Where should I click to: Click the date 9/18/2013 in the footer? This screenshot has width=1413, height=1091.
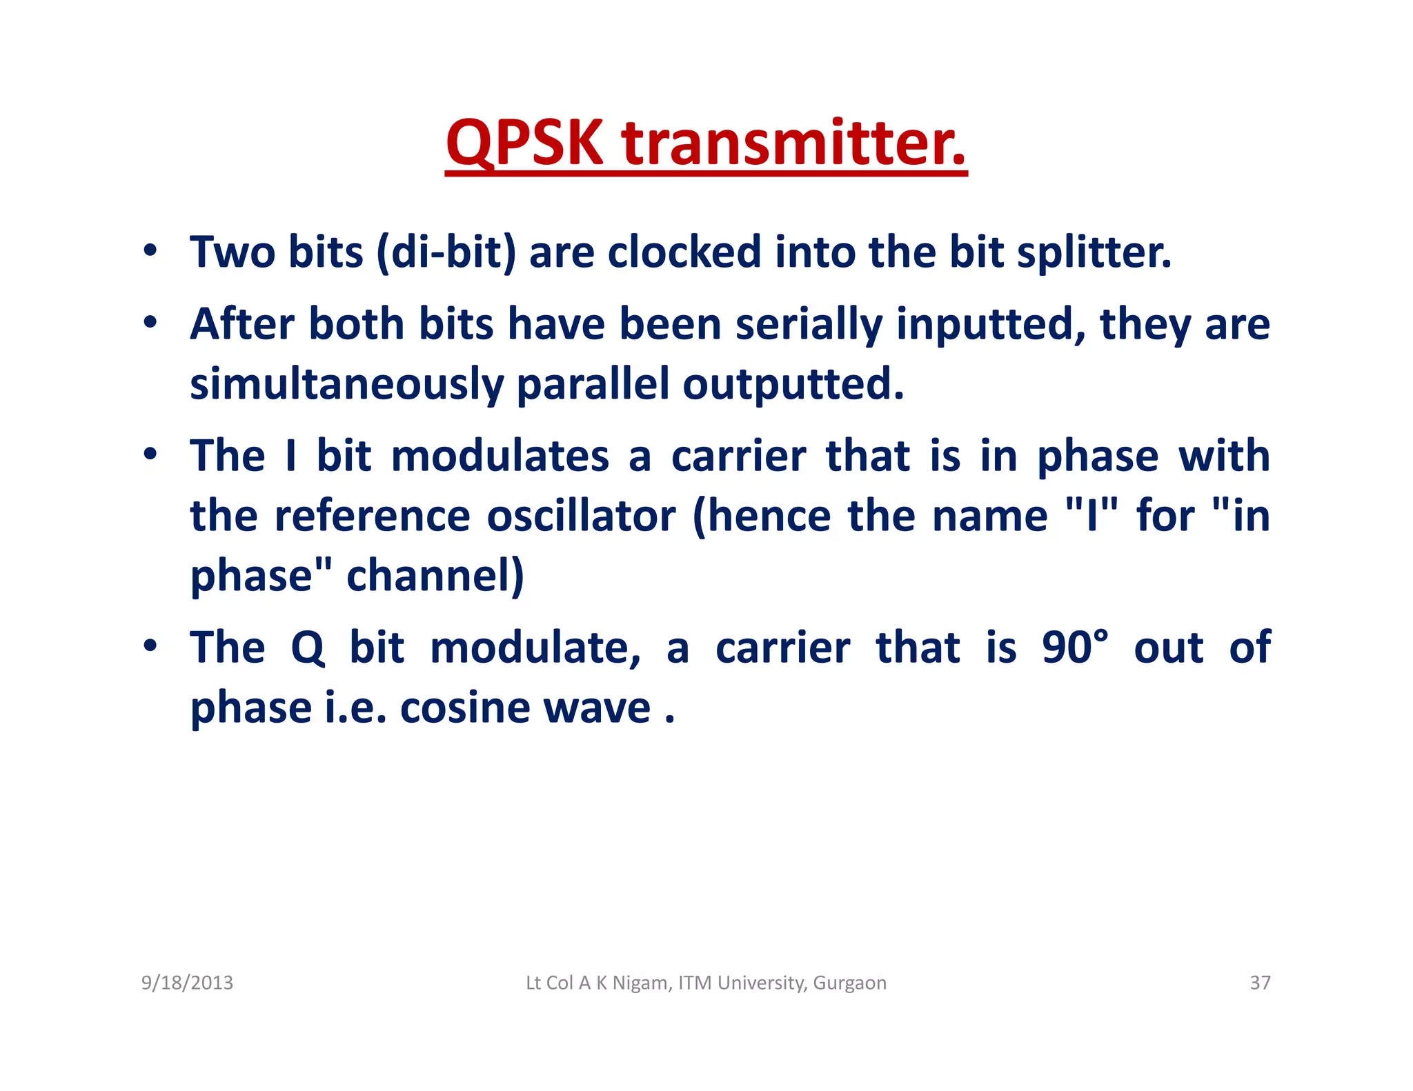[187, 983]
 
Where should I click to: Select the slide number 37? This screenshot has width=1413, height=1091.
[1260, 983]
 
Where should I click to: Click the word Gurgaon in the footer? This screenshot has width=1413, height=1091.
[849, 983]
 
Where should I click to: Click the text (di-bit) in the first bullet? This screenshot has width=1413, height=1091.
[446, 252]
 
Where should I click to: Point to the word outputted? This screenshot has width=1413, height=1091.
[793, 384]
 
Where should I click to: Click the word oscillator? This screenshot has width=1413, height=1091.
[581, 516]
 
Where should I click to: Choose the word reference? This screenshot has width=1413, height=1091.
[372, 516]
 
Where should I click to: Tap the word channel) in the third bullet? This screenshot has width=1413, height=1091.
[435, 576]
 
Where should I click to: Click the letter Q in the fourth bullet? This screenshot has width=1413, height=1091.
[307, 648]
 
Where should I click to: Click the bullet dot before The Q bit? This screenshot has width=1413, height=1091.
[150, 645]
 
